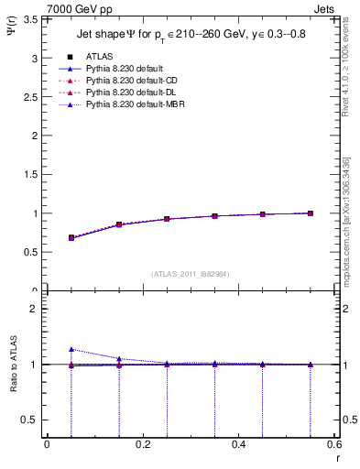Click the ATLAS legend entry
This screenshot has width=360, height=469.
point(98,57)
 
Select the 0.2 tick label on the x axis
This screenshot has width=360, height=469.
point(143,444)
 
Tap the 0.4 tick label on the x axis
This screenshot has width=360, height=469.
point(239,444)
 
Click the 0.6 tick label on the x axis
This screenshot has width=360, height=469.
point(334,444)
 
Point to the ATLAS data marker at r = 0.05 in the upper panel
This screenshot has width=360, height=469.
point(71,237)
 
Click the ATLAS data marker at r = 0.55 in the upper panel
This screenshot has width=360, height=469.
point(311,213)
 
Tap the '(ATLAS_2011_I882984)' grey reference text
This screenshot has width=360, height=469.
point(191,274)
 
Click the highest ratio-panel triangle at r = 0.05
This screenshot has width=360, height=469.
point(71,349)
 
